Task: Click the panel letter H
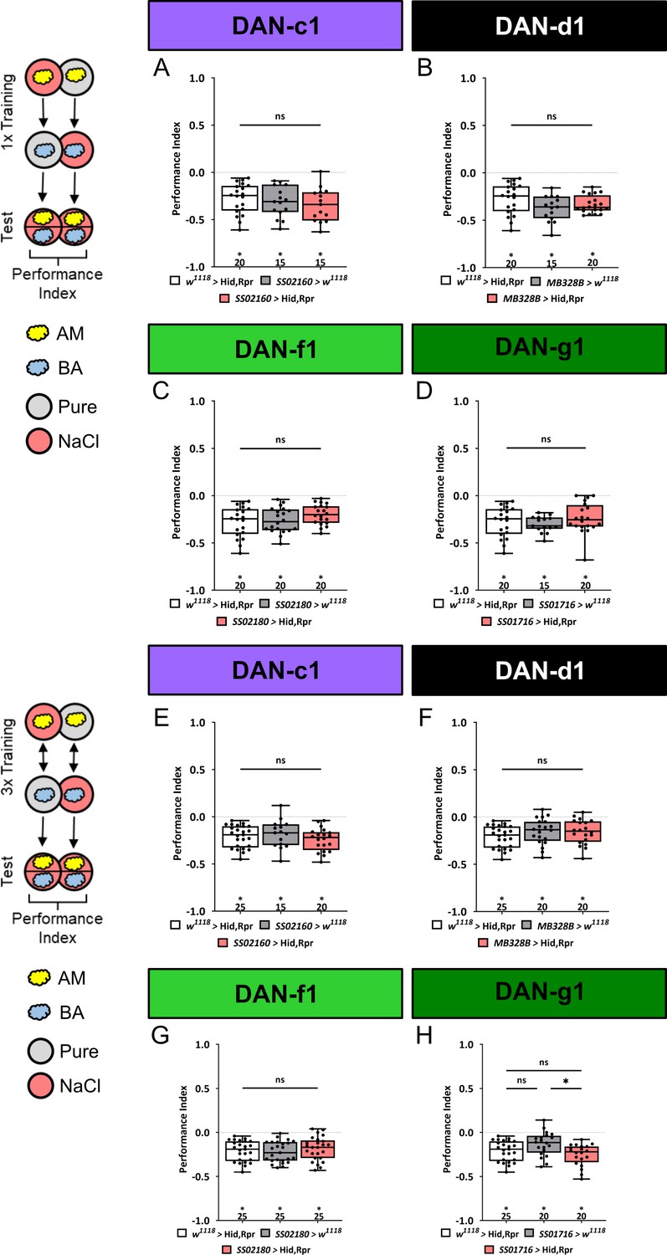[x=424, y=1035]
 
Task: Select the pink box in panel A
[x=321, y=206]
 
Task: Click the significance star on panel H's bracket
[x=566, y=1081]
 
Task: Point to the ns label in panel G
[x=280, y=1079]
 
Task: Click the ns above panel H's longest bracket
[x=544, y=1062]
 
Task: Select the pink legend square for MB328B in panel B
[x=491, y=298]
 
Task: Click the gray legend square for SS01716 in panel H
[x=528, y=1232]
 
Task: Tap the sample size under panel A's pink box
[x=321, y=262]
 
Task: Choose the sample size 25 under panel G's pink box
[x=319, y=1216]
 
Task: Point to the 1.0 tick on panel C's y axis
[x=198, y=401]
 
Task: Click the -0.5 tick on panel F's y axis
[x=458, y=864]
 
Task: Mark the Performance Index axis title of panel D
[x=440, y=491]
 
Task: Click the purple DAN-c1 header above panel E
[x=275, y=670]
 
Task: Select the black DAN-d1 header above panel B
[x=539, y=26]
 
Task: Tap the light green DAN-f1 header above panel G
[x=275, y=993]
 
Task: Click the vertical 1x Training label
[x=8, y=112]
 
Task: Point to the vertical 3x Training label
[x=8, y=756]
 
